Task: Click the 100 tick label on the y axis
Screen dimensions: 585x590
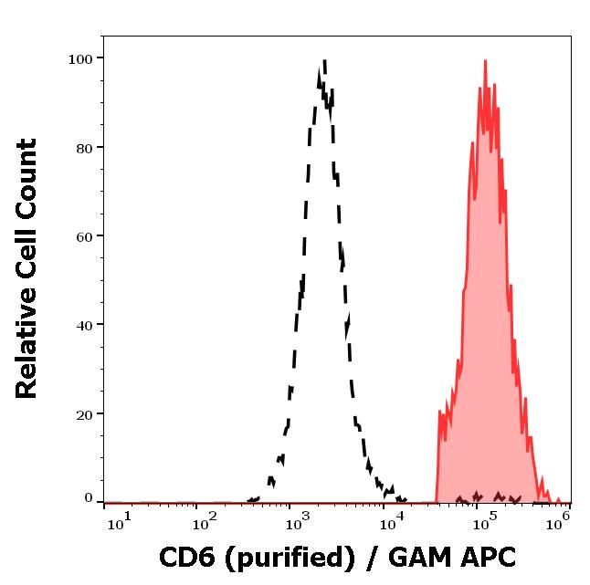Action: tap(81, 59)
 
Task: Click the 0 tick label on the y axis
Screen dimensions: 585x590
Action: tap(89, 498)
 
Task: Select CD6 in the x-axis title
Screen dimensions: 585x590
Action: tap(185, 557)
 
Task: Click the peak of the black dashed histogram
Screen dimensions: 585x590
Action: tap(323, 62)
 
